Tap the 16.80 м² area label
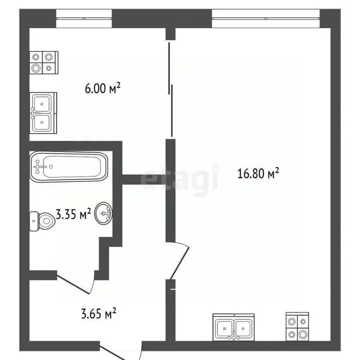tap(258, 174)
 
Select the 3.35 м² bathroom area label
tap(74, 215)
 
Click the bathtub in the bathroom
tap(69, 166)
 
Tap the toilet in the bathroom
tap(43, 220)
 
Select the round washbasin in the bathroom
tap(104, 214)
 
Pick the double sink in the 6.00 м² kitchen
tap(43, 112)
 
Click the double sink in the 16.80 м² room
tap(234, 327)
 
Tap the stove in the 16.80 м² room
tap(298, 327)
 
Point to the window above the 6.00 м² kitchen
tap(84, 19)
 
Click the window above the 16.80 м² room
tap(265, 19)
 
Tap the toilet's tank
tap(34, 221)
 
